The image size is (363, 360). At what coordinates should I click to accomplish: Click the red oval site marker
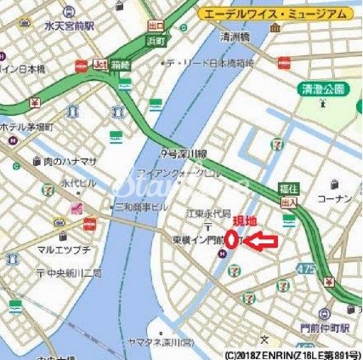tap(230, 242)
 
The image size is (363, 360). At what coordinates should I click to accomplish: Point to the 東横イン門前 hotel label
tap(189, 240)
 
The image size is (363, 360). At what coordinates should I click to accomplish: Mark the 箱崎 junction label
tap(125, 66)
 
